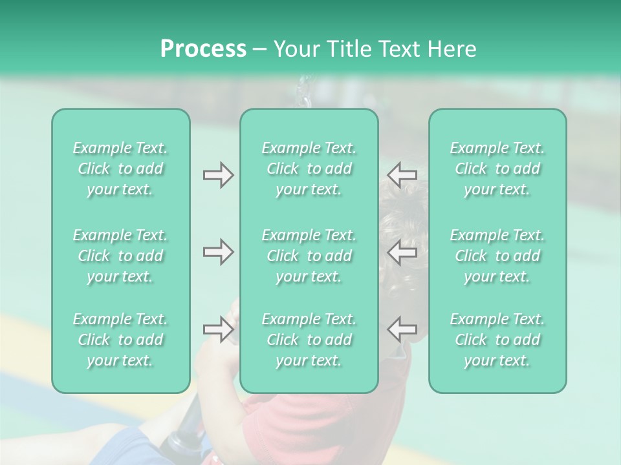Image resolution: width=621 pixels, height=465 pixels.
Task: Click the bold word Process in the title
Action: (x=203, y=49)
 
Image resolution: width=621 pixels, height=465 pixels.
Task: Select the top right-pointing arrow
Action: (x=218, y=175)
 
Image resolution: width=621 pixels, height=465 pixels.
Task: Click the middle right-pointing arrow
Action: (x=218, y=252)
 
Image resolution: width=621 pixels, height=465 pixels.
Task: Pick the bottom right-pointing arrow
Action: (x=218, y=329)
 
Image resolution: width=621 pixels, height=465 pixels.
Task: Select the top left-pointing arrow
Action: (x=402, y=175)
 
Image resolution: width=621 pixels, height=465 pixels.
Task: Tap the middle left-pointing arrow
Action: (x=402, y=252)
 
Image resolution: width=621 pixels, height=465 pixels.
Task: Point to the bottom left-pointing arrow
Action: (x=402, y=329)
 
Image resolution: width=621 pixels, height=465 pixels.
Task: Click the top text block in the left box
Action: (x=120, y=169)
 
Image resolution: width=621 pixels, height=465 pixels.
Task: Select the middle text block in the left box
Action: (x=120, y=256)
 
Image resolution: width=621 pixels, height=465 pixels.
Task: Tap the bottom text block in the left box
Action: (x=120, y=340)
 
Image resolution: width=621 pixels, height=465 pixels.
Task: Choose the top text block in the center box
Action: (x=309, y=169)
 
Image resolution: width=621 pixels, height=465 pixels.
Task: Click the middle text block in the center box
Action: (x=309, y=256)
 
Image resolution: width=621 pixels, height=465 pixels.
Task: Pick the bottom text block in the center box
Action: (x=309, y=340)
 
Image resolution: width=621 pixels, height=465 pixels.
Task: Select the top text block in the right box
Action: (x=497, y=169)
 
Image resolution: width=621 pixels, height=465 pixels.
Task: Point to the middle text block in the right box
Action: (x=497, y=256)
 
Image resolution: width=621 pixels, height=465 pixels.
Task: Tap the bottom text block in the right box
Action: (x=497, y=340)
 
